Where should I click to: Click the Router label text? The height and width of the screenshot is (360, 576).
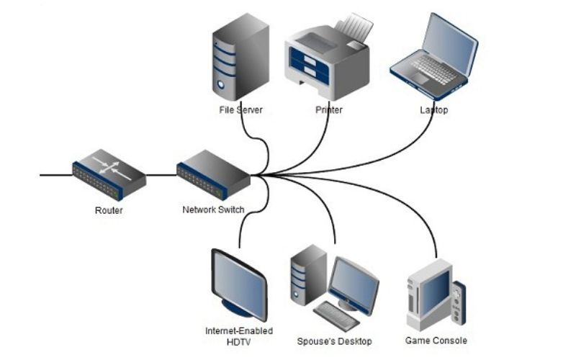tap(109, 210)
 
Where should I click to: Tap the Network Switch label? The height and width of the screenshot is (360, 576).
tap(213, 210)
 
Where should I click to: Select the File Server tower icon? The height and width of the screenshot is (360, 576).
tap(240, 57)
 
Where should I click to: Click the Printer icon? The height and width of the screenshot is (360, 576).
tap(327, 57)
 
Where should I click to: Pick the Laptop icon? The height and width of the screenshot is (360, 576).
tap(434, 56)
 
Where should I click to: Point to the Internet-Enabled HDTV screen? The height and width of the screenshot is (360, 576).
tap(240, 284)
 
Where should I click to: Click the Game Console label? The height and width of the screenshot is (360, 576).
tap(436, 341)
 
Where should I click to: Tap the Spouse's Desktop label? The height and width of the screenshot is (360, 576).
tap(334, 341)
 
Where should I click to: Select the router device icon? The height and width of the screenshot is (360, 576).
tap(109, 174)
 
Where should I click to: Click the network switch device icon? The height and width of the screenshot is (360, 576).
tap(213, 175)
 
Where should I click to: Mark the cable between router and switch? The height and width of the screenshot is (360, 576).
tap(161, 175)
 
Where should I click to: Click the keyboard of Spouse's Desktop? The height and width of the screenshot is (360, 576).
tap(336, 316)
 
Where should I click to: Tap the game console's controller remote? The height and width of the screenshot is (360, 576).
tap(459, 302)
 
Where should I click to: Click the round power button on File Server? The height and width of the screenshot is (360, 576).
tap(221, 84)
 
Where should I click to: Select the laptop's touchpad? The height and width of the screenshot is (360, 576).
tap(419, 78)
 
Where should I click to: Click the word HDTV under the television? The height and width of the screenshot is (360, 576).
tap(239, 343)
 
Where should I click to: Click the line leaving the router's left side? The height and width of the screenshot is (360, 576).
tap(56, 175)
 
